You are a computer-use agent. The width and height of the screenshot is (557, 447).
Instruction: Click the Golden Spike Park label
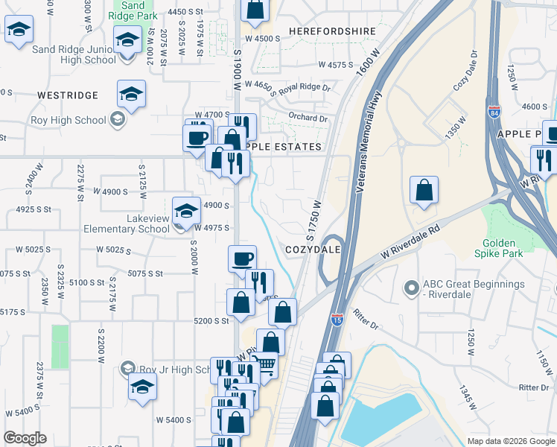pos(503,248)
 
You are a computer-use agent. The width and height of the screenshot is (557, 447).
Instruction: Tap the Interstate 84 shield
pos(494,112)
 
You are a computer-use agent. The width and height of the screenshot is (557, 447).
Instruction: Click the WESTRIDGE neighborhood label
pos(68,95)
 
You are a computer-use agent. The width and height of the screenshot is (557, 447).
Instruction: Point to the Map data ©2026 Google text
pos(510,441)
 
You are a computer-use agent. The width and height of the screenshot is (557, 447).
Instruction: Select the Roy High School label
pos(69,120)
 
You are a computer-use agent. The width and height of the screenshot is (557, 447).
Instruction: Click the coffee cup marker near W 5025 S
pos(242,259)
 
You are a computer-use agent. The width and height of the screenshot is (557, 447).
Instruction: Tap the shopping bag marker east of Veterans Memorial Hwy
pos(424,190)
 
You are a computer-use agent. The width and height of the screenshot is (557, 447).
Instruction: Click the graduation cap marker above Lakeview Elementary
pos(186,211)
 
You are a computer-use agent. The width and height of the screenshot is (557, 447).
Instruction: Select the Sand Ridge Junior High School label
pos(74,54)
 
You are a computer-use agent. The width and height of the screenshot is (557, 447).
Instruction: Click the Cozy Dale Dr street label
pos(464,72)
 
